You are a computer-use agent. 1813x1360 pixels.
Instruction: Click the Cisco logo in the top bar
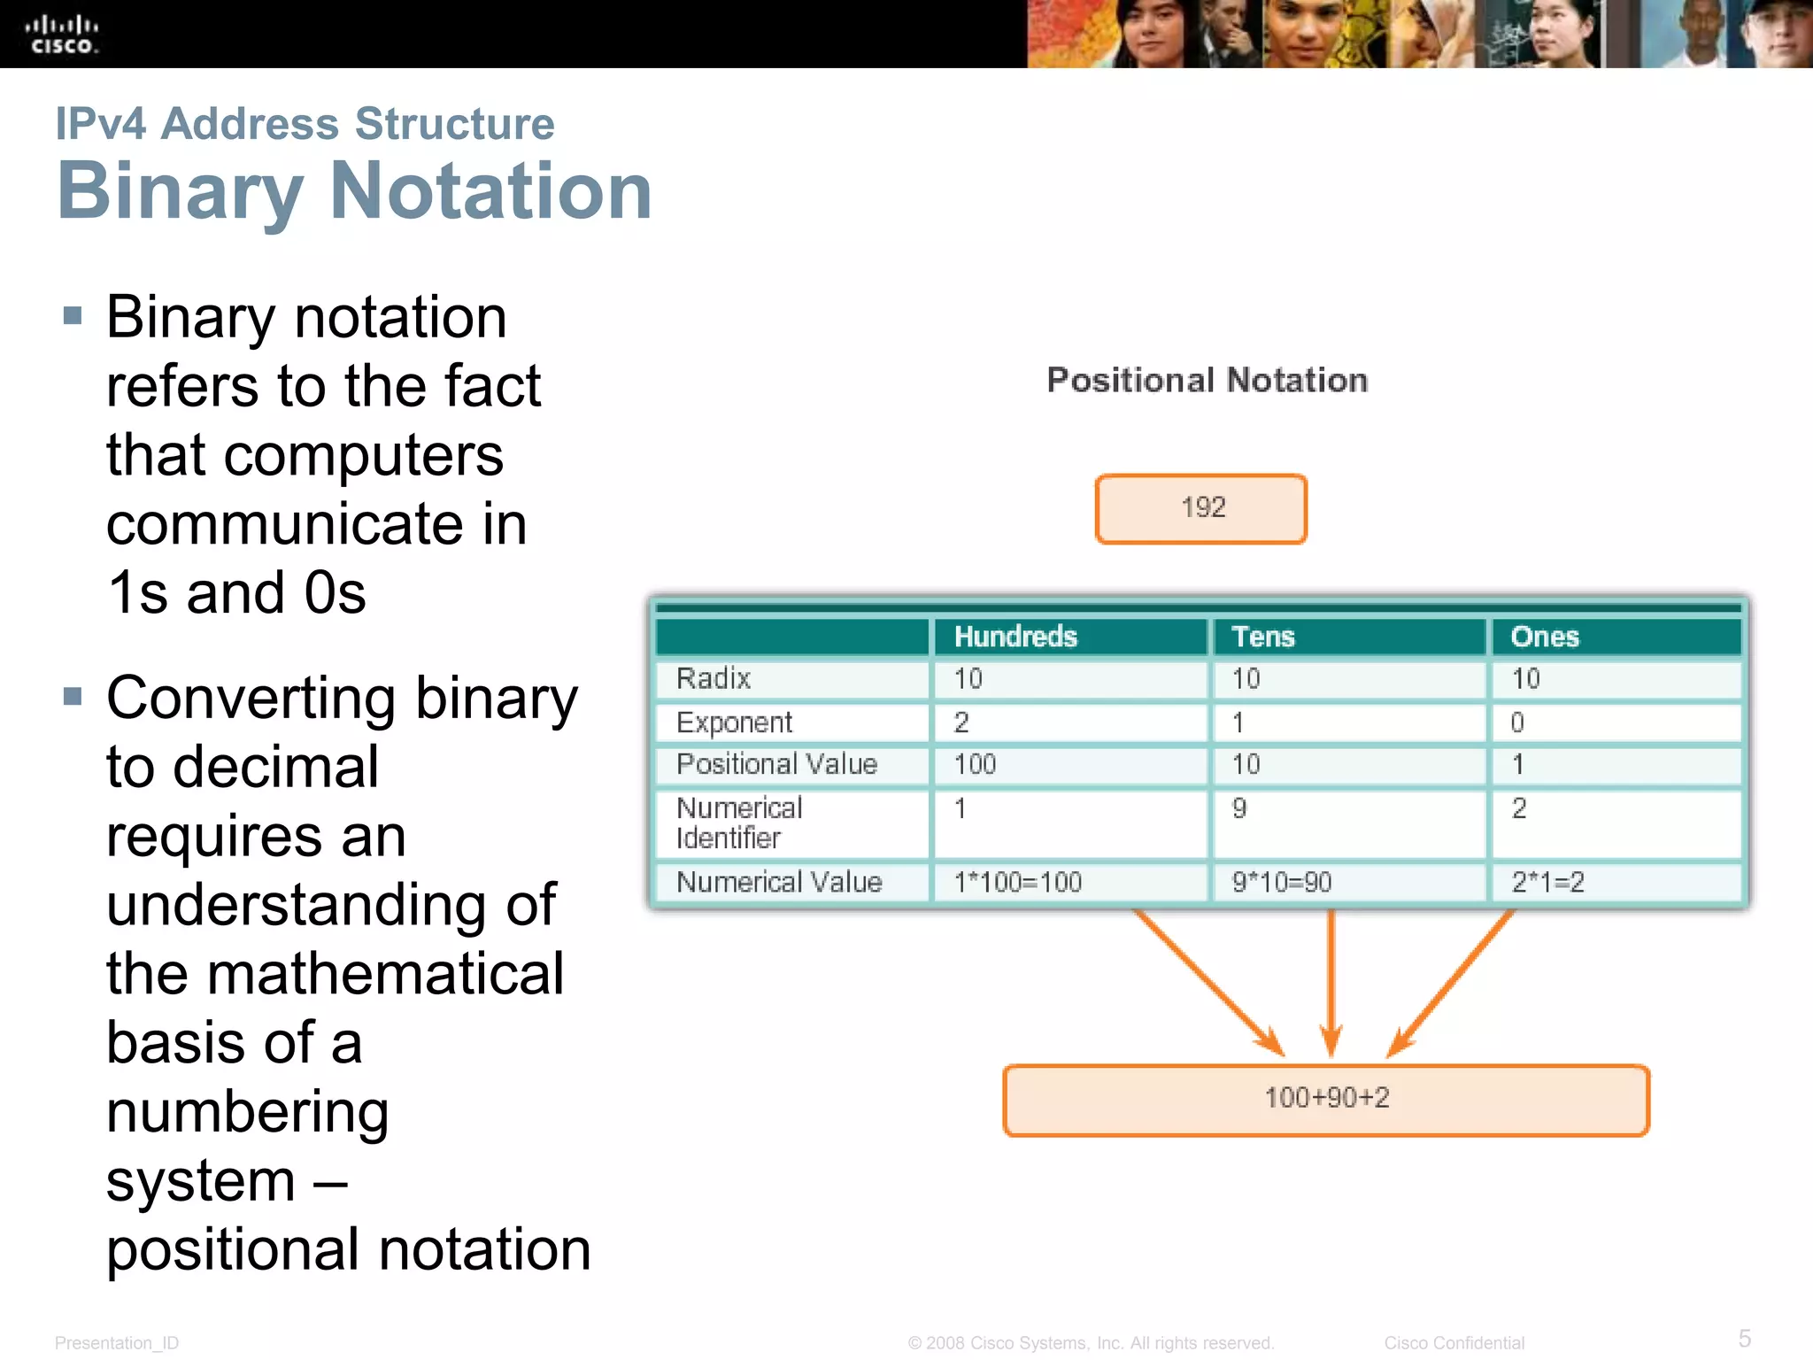(x=61, y=35)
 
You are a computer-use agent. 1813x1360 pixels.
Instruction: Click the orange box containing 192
(x=1201, y=508)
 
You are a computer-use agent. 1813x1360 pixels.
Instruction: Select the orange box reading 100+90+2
(x=1326, y=1100)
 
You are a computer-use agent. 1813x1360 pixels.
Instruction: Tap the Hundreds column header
(x=1015, y=637)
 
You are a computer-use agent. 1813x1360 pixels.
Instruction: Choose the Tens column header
(x=1263, y=637)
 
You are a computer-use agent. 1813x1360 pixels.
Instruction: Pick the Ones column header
(x=1545, y=637)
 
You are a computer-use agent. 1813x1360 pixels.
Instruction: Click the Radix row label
(x=714, y=678)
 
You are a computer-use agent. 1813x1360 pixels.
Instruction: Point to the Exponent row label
(x=734, y=722)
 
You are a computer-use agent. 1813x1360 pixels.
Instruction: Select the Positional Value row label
(x=776, y=764)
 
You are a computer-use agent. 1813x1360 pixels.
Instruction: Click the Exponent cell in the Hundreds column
(x=962, y=722)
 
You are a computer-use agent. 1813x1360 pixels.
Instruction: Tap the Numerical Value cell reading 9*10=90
(x=1282, y=882)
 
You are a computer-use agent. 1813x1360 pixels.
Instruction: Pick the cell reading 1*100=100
(x=1018, y=882)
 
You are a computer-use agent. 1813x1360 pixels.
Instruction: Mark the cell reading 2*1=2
(x=1547, y=882)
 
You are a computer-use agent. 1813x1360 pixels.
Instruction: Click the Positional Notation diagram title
(x=1207, y=380)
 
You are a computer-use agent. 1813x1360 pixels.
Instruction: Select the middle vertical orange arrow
(x=1331, y=983)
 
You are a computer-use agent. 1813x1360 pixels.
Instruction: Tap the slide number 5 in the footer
(x=1745, y=1338)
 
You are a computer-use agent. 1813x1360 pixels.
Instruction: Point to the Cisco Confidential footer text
(x=1454, y=1343)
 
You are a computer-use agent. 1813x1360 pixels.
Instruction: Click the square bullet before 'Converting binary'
(x=73, y=697)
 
